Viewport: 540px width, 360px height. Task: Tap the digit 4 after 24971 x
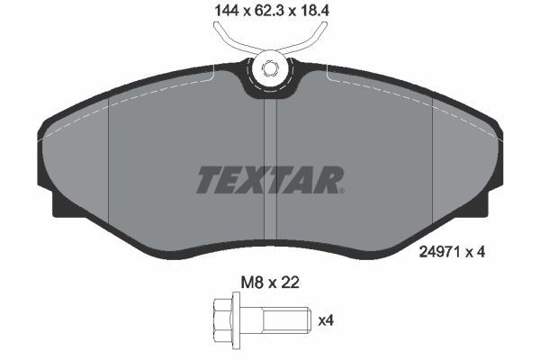481,253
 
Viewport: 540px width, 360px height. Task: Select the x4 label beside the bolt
326,319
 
